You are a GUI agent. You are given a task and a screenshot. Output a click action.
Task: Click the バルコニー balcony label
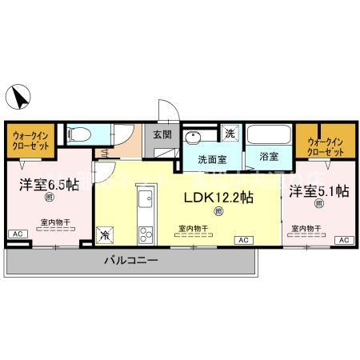coord(130,261)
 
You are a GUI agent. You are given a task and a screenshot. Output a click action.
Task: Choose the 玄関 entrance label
coord(162,135)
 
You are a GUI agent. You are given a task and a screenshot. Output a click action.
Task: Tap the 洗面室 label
coord(212,158)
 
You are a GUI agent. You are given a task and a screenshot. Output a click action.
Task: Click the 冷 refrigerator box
coord(106,234)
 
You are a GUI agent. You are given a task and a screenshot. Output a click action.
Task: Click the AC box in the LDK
coord(241,239)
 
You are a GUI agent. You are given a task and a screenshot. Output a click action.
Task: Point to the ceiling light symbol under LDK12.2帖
coord(218,211)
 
